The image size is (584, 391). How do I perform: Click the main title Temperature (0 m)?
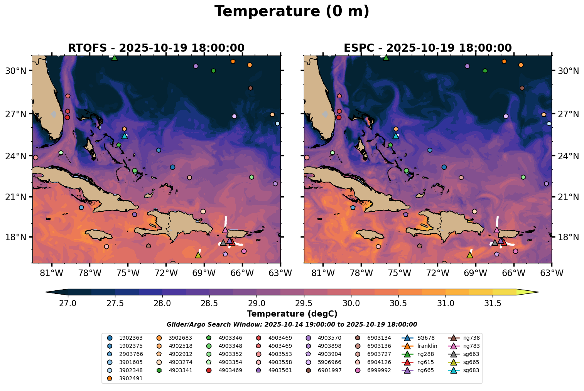pyautogui.click(x=292, y=12)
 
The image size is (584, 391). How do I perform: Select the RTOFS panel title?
pyautogui.click(x=156, y=48)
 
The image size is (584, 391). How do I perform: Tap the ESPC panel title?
pyautogui.click(x=428, y=48)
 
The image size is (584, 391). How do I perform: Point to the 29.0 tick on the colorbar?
pyautogui.click(x=257, y=303)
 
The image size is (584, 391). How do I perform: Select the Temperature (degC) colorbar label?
pyautogui.click(x=292, y=314)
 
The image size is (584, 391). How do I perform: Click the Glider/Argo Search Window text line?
pyautogui.click(x=292, y=325)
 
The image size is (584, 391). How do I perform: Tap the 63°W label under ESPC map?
pyautogui.click(x=552, y=273)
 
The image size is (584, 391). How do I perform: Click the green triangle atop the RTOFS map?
pyautogui.click(x=114, y=58)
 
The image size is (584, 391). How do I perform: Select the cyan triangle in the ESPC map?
pyautogui.click(x=395, y=136)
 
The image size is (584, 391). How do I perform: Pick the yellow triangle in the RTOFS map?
pyautogui.click(x=198, y=255)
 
